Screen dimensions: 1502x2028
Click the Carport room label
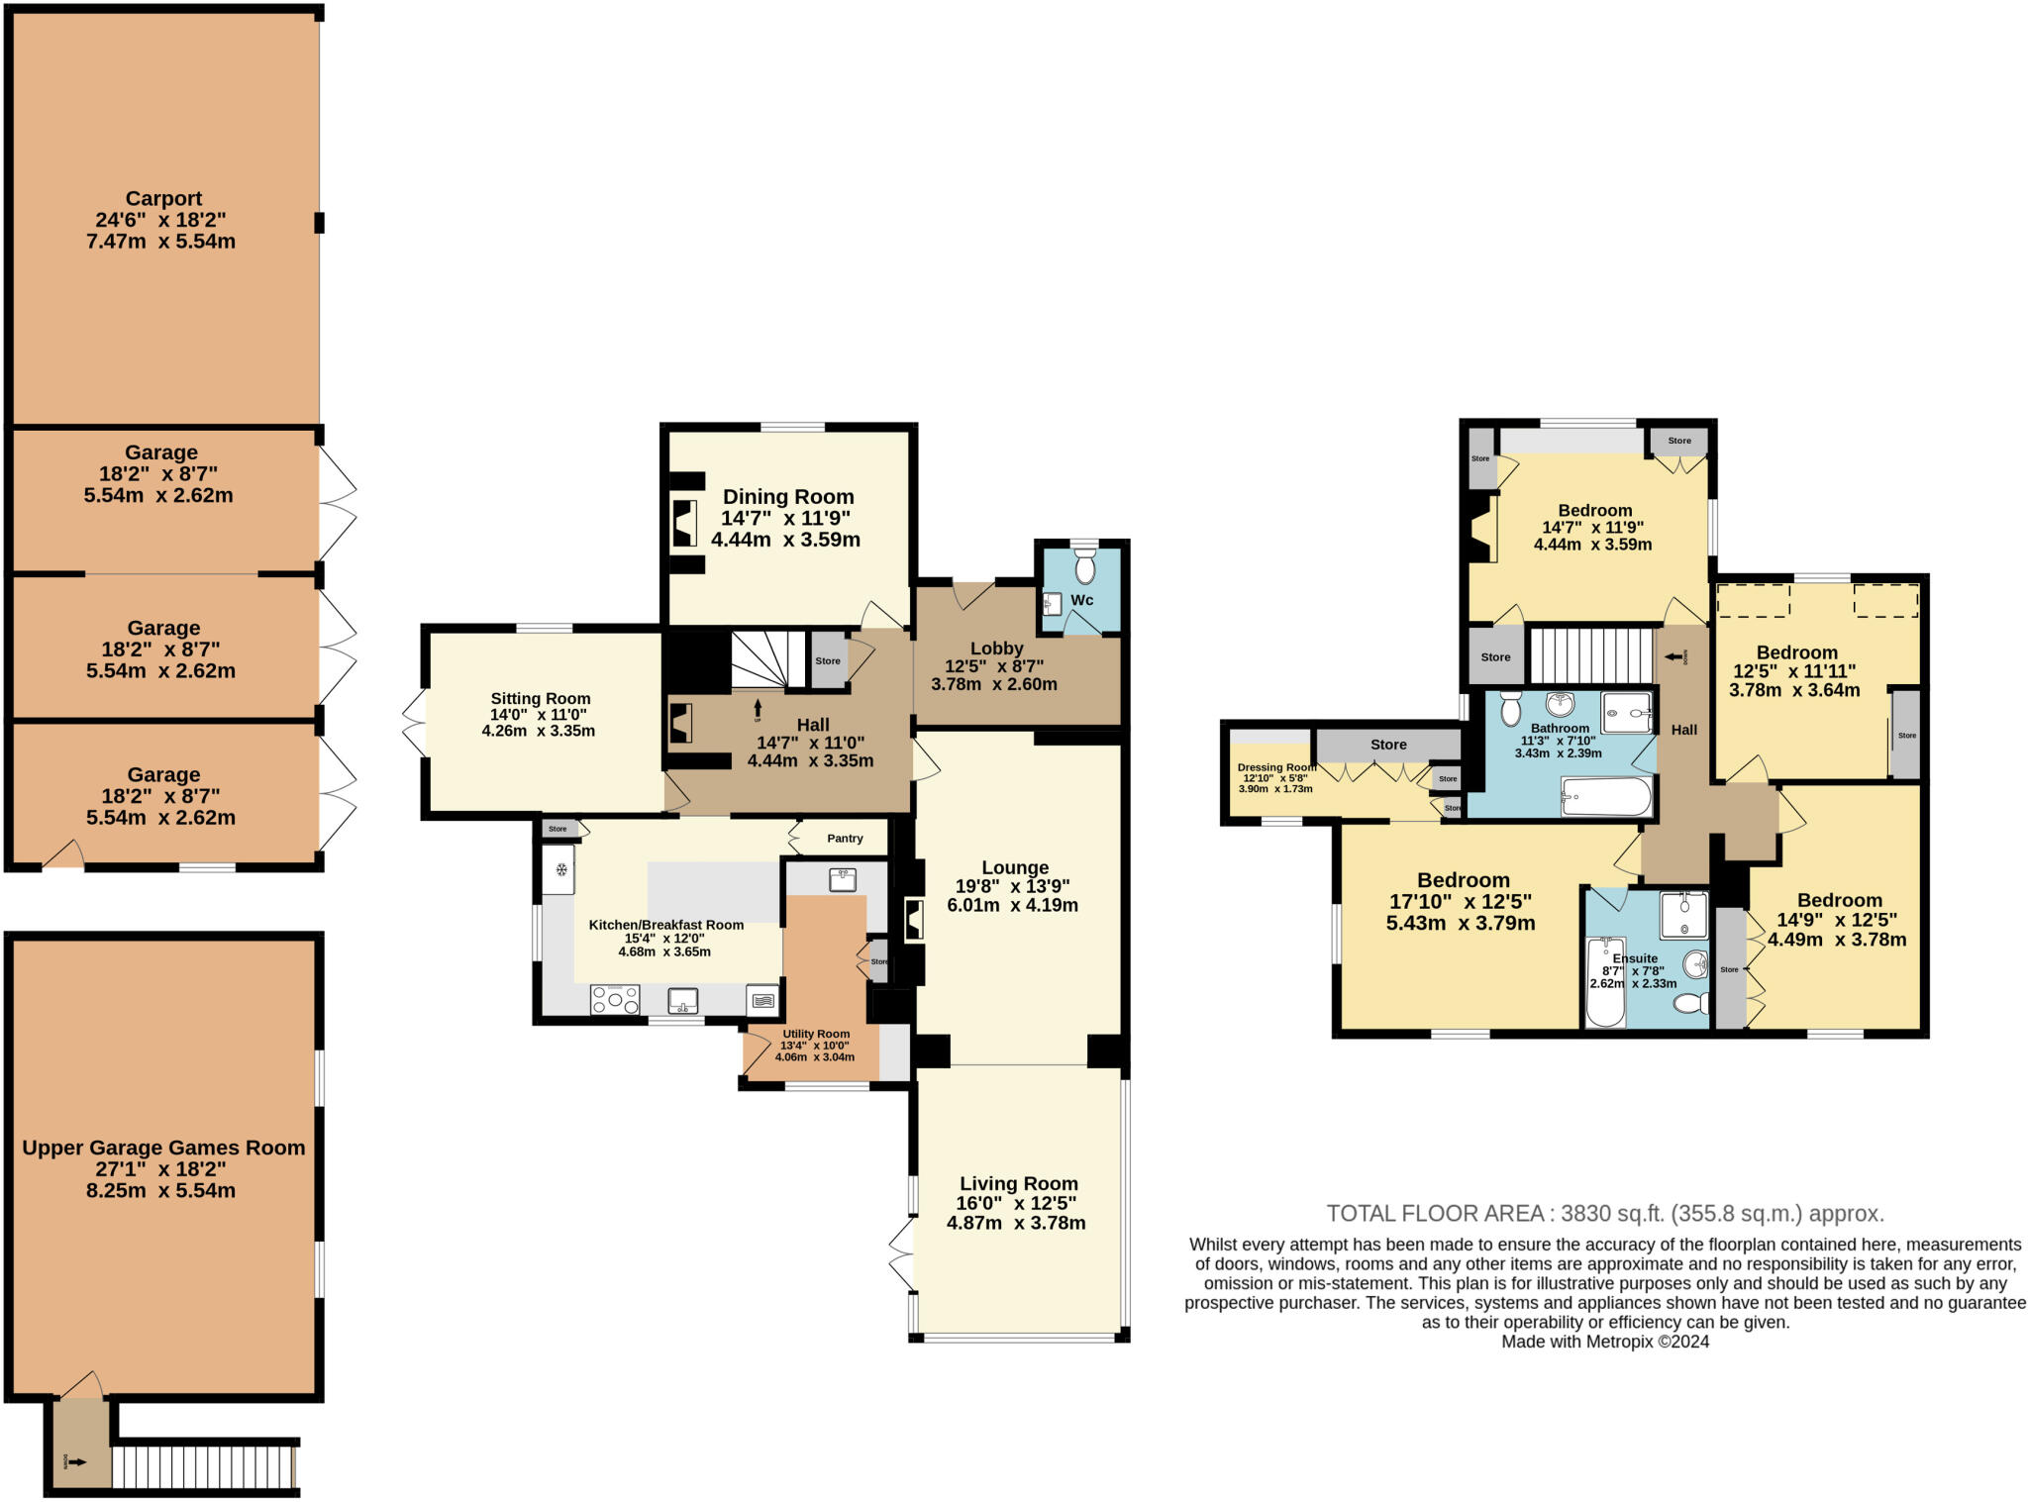pyautogui.click(x=163, y=199)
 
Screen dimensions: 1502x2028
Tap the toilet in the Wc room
pyautogui.click(x=1085, y=568)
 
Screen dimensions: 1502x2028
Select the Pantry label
pyautogui.click(x=845, y=839)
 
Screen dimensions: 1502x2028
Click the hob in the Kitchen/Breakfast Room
pyautogui.click(x=615, y=1000)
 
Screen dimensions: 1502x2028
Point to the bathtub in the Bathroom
pyautogui.click(x=1606, y=797)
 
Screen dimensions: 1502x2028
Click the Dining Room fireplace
pyautogui.click(x=684, y=523)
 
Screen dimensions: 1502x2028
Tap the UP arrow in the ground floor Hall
pyautogui.click(x=758, y=709)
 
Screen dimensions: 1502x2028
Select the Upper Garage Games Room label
pyautogui.click(x=163, y=1148)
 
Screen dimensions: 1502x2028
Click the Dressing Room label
pyautogui.click(x=1276, y=767)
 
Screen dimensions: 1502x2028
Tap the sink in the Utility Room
pyautogui.click(x=843, y=879)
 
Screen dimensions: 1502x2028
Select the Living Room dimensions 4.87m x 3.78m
pyautogui.click(x=1016, y=1223)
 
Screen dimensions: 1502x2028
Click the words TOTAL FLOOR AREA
pyautogui.click(x=1435, y=1213)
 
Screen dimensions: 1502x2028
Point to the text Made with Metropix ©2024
pyautogui.click(x=1605, y=1342)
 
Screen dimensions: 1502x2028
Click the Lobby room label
pyautogui.click(x=996, y=649)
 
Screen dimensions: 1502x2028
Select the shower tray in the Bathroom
pyautogui.click(x=1627, y=712)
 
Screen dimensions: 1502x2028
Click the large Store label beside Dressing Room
pyautogui.click(x=1388, y=745)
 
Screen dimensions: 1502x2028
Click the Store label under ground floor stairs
pyautogui.click(x=828, y=660)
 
